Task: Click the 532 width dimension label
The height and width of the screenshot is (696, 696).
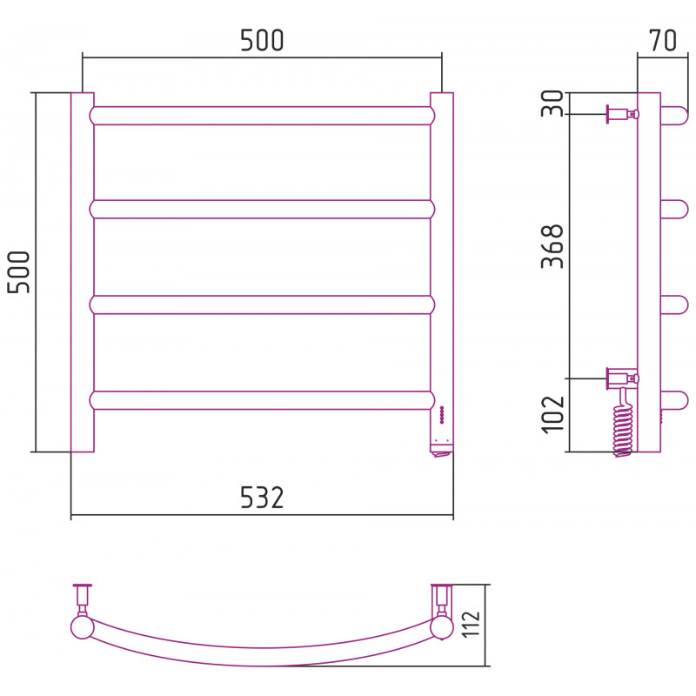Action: point(262,497)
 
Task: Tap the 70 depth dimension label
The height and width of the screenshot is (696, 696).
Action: point(663,40)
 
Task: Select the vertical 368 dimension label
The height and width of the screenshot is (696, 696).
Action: point(552,246)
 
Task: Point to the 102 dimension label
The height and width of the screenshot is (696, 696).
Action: point(552,414)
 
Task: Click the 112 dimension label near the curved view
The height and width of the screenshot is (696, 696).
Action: point(471,625)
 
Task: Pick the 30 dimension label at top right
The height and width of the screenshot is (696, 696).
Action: point(552,103)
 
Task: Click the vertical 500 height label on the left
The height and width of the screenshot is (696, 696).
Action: point(18,272)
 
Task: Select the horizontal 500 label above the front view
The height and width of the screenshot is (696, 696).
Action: point(262,40)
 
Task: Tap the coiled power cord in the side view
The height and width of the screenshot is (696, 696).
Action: point(623,424)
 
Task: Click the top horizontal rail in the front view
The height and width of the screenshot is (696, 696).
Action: point(262,116)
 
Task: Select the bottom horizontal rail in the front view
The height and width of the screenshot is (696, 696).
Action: point(262,400)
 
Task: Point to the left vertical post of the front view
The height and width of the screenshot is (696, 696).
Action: point(83,272)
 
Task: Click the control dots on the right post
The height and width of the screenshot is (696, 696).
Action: point(442,414)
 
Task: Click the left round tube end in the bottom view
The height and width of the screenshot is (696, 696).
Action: point(82,627)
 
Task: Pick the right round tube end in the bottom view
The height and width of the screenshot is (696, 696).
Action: point(442,627)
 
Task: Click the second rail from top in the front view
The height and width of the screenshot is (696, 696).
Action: point(262,209)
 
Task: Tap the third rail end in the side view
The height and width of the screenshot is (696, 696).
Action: point(674,304)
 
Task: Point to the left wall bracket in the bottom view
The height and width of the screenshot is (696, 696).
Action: point(82,599)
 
